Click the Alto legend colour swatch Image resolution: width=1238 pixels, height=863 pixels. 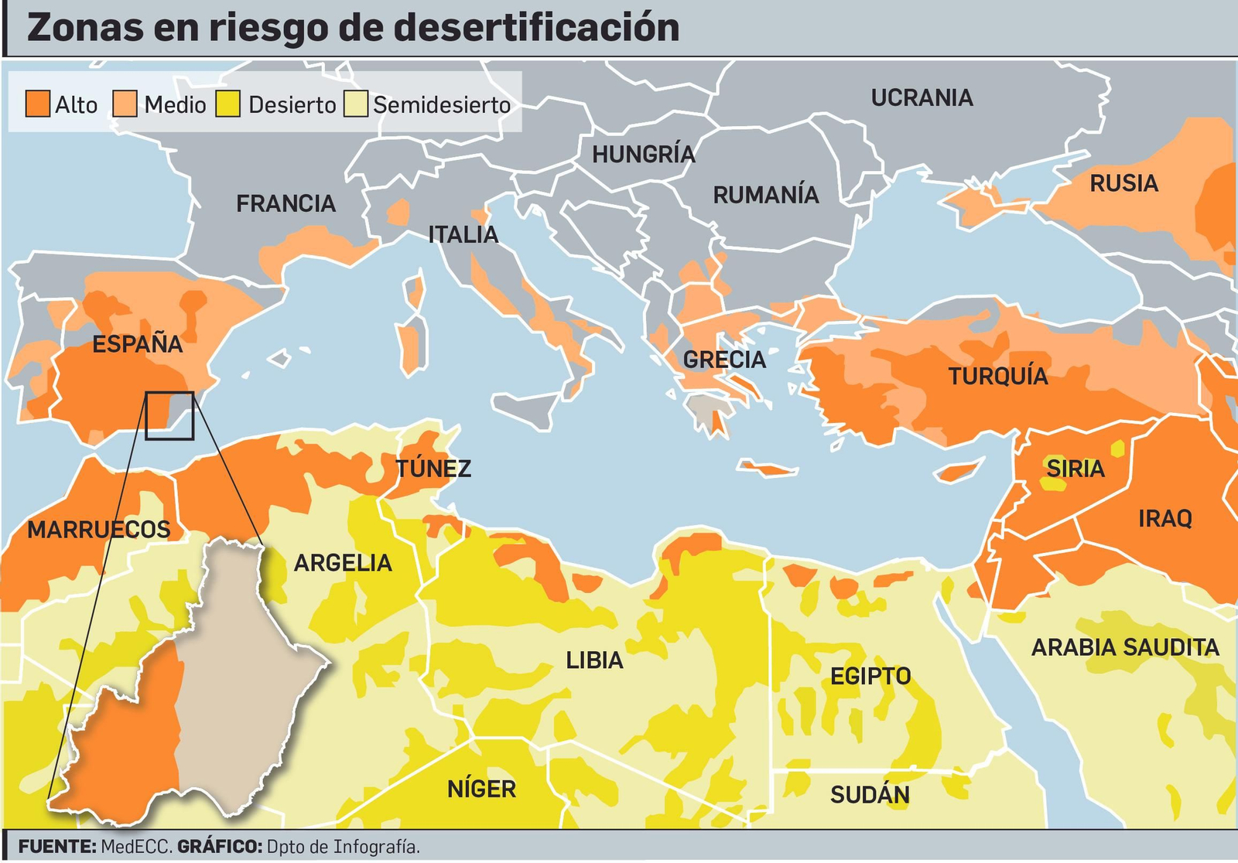pyautogui.click(x=37, y=104)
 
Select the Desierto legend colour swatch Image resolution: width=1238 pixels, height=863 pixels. pyautogui.click(x=227, y=104)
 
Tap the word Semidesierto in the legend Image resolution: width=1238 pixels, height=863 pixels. pyautogui.click(x=441, y=105)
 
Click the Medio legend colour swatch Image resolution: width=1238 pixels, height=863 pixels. pyautogui.click(x=125, y=104)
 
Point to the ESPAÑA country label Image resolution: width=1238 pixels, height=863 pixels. pyautogui.click(x=137, y=344)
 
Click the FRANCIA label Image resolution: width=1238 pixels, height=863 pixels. pyautogui.click(x=286, y=203)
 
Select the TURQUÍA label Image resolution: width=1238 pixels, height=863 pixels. pyautogui.click(x=998, y=377)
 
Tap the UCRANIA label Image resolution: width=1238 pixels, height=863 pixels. pyautogui.click(x=922, y=98)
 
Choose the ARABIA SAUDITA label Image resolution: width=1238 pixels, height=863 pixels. pyautogui.click(x=1124, y=647)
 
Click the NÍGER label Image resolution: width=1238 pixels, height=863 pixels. pyautogui.click(x=481, y=789)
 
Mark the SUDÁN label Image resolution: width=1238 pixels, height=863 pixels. pyautogui.click(x=870, y=795)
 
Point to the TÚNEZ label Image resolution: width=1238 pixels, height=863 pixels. pyautogui.click(x=433, y=469)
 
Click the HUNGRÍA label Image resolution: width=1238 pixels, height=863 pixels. pyautogui.click(x=643, y=155)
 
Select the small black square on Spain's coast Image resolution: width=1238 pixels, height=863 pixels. pyautogui.click(x=169, y=415)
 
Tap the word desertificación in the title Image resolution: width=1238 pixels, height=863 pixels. pyautogui.click(x=535, y=28)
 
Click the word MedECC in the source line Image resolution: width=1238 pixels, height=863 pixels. pyautogui.click(x=135, y=847)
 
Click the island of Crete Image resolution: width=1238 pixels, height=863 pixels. pyautogui.click(x=768, y=468)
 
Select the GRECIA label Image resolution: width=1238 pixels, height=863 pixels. pyautogui.click(x=724, y=360)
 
